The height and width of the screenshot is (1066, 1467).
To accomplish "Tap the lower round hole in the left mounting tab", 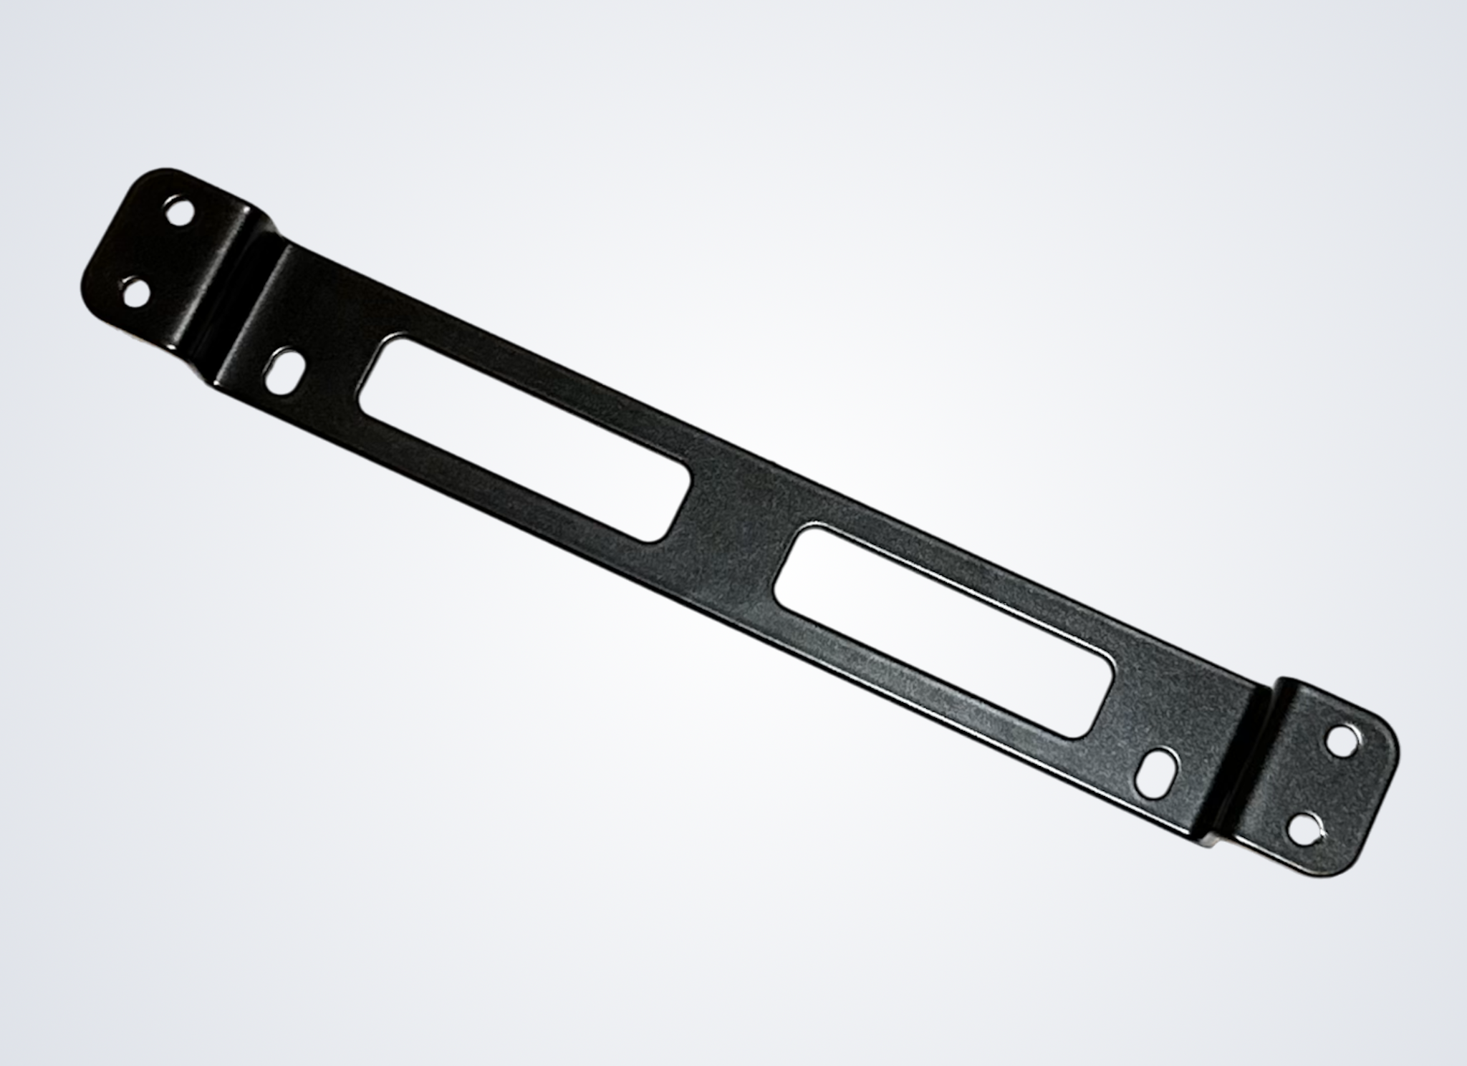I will [x=136, y=293].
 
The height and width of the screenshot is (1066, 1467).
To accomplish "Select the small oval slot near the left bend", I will [x=287, y=369].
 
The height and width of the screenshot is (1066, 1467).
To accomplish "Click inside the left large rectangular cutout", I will [x=524, y=437].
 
